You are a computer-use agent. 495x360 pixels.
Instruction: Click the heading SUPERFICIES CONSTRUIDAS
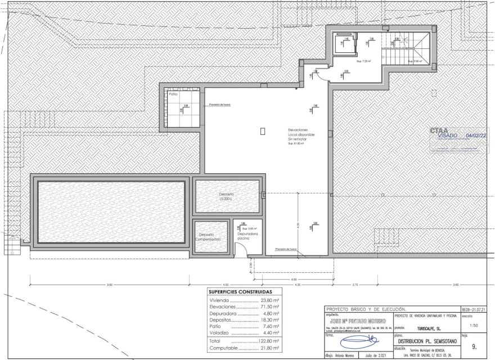tap(240, 292)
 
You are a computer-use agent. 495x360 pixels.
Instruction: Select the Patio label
tap(173, 94)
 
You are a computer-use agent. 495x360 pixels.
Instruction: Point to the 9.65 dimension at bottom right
tap(455, 285)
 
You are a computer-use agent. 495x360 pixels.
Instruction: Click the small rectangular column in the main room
tap(263, 130)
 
